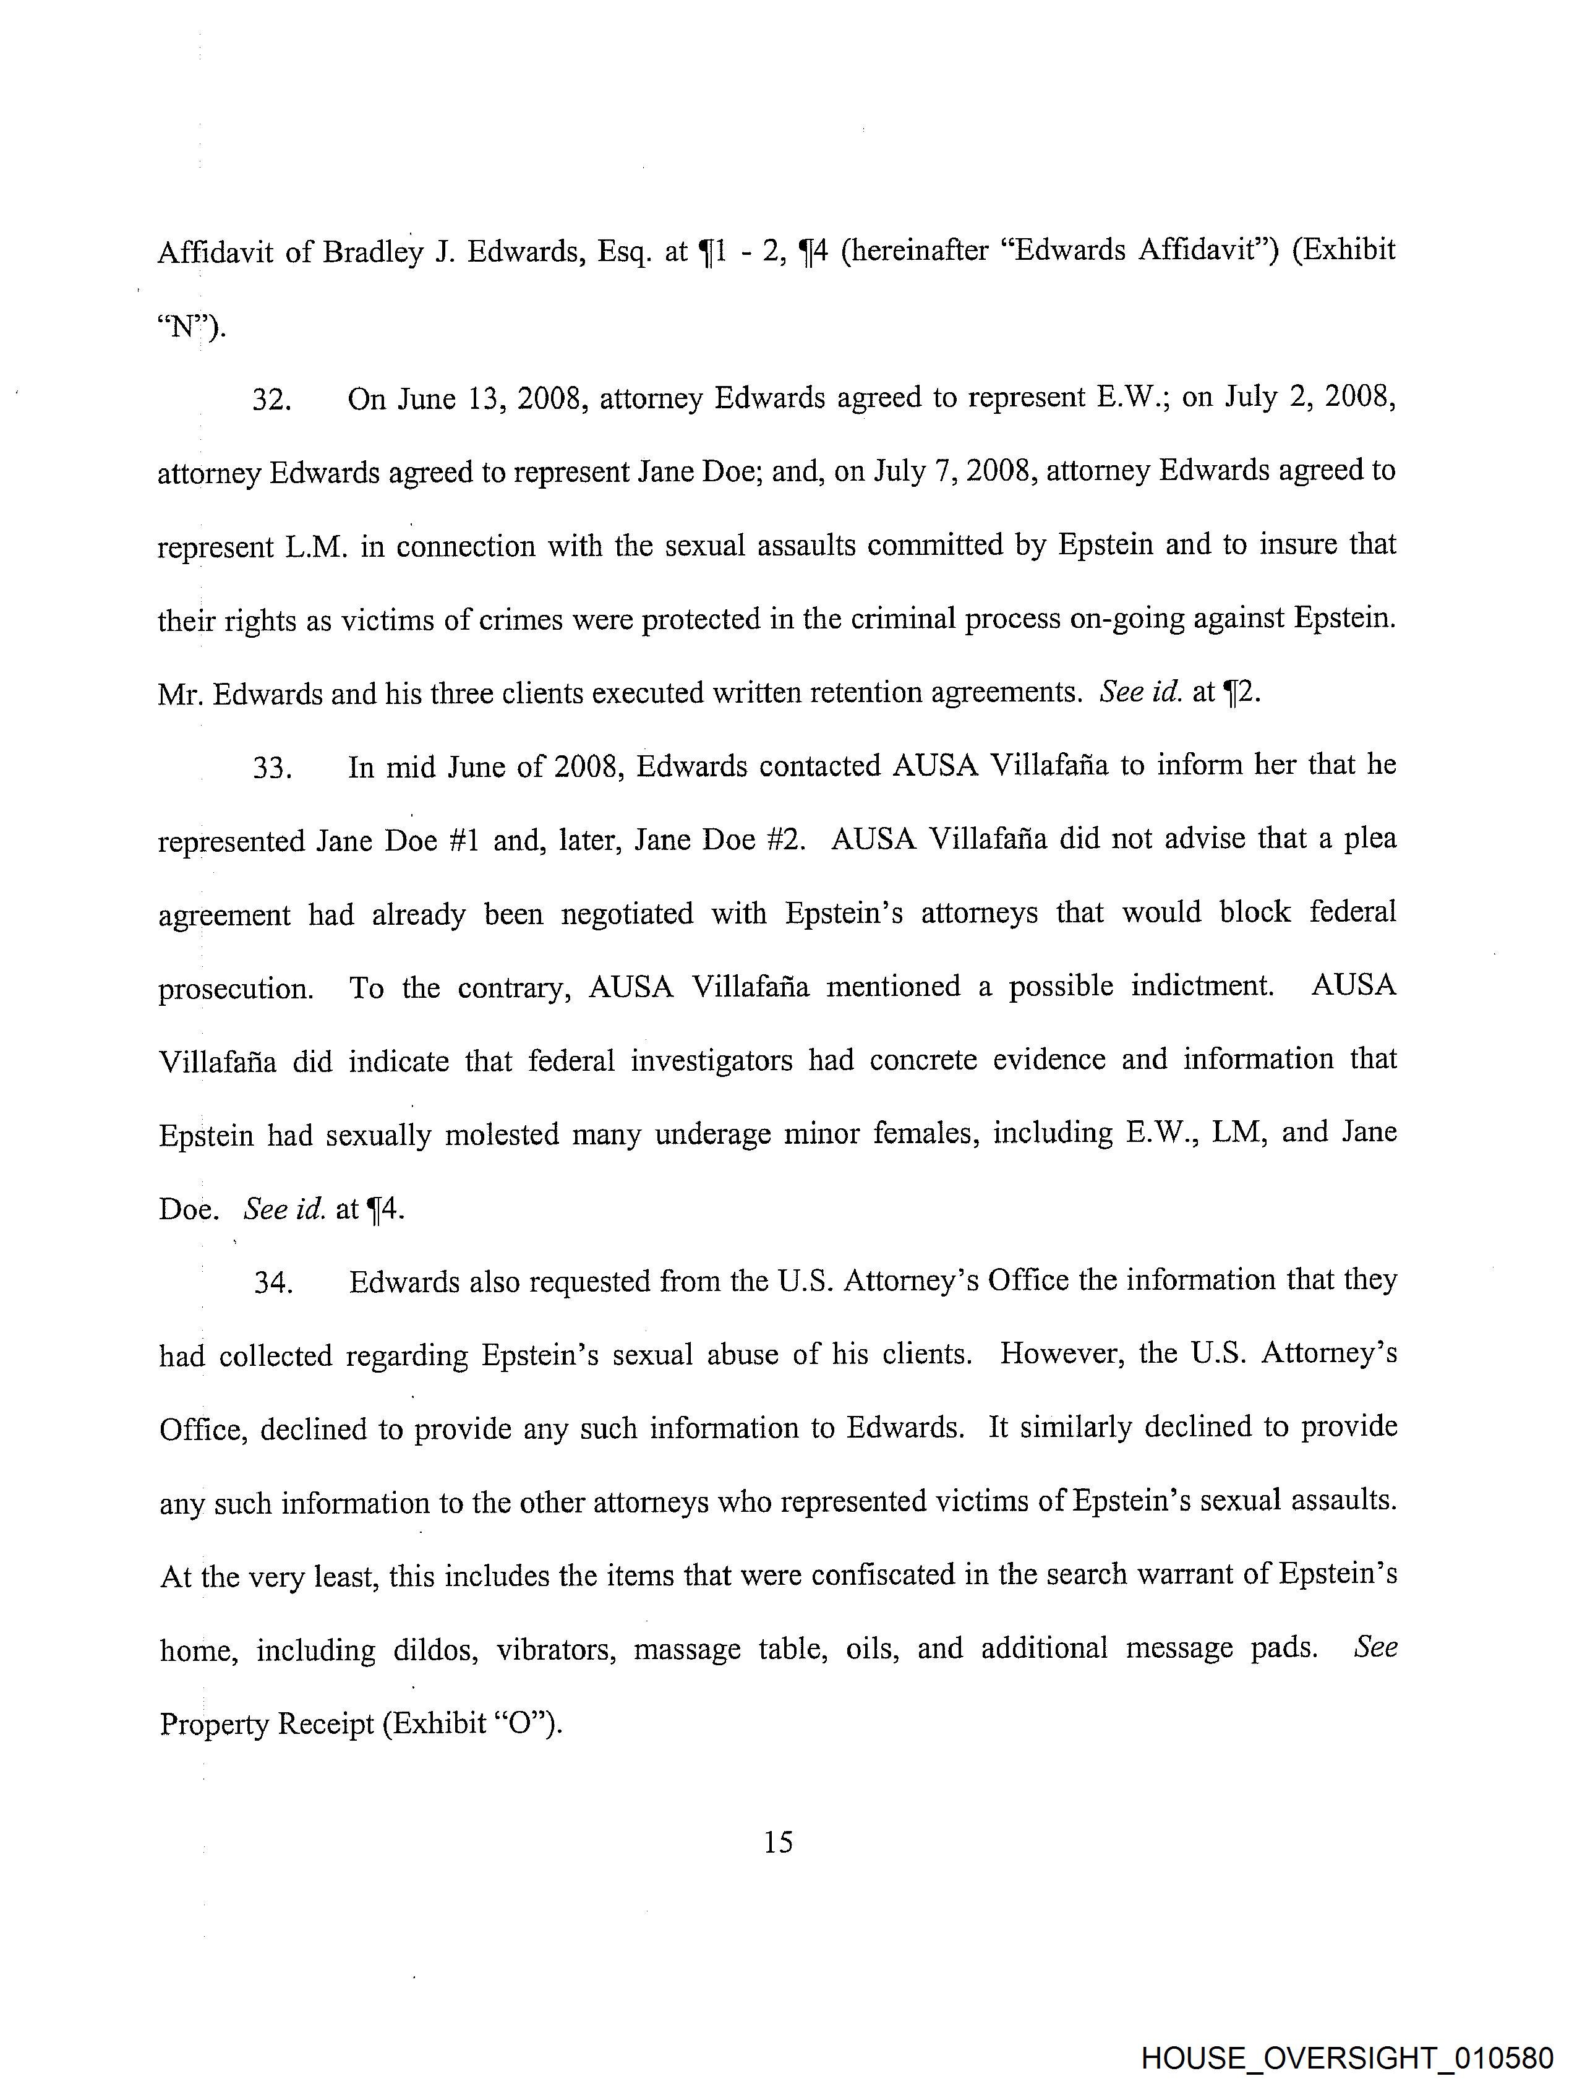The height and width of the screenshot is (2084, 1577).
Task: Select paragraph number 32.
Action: click(x=271, y=400)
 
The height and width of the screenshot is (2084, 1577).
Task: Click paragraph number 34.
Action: click(x=272, y=1283)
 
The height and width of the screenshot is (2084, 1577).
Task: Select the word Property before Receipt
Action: click(x=214, y=1724)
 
